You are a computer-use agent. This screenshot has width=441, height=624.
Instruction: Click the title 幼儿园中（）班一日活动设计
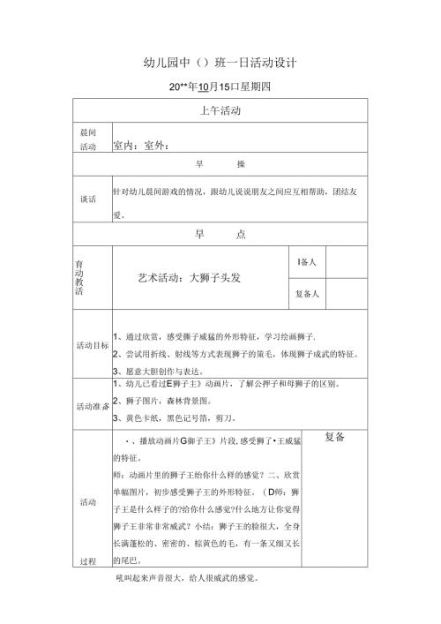(x=220, y=64)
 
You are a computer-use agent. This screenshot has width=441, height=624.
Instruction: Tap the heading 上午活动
(x=220, y=111)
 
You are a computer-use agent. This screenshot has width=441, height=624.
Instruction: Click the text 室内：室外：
(x=141, y=147)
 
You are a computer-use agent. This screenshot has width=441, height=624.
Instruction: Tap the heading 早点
(x=220, y=234)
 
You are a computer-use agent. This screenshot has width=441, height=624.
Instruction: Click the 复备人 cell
(x=308, y=294)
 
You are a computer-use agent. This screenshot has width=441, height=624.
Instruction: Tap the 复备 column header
(x=335, y=437)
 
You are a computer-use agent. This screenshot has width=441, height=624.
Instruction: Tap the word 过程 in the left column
(x=88, y=560)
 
